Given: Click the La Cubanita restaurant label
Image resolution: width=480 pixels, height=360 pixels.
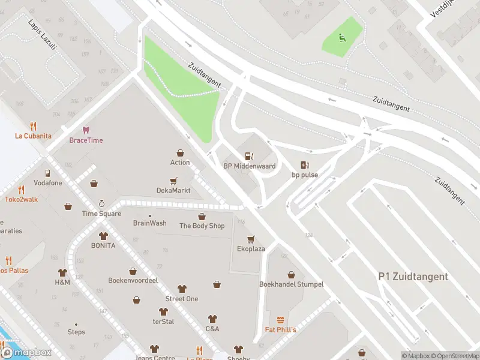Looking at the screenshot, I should point(33,136).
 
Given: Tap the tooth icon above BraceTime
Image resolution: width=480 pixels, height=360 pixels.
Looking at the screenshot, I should point(86,130).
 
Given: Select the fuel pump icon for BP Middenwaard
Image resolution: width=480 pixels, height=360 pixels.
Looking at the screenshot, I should point(249,156).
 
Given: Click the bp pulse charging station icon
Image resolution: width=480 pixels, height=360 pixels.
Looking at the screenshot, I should point(305,165).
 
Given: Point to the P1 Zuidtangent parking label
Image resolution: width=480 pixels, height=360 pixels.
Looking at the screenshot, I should point(413,277).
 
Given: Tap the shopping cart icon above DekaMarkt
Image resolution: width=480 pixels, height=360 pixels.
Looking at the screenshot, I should point(173,180).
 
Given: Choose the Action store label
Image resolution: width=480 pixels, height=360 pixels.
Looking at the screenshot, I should point(180,162).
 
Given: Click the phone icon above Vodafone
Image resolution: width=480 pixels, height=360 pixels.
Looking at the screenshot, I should point(47,173).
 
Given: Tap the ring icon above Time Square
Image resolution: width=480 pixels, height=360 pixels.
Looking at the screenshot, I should point(101,203).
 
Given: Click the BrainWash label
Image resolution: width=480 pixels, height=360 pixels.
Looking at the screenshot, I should point(149,223).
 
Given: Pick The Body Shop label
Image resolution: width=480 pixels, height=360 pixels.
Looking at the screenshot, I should point(202,226).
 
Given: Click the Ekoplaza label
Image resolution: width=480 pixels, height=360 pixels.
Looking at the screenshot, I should point(251,248).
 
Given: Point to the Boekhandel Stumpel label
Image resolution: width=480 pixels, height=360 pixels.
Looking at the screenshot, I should point(291,284).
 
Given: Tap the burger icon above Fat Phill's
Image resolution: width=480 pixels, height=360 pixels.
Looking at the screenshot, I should point(280,320).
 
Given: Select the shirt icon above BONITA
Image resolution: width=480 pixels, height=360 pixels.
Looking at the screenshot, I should point(103,236).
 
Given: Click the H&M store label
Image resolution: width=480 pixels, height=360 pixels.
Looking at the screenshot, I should point(62,282).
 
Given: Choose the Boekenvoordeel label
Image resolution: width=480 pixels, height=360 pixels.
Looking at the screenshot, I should point(133,280).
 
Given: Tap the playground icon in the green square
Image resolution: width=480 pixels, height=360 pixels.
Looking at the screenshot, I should point(343,40).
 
